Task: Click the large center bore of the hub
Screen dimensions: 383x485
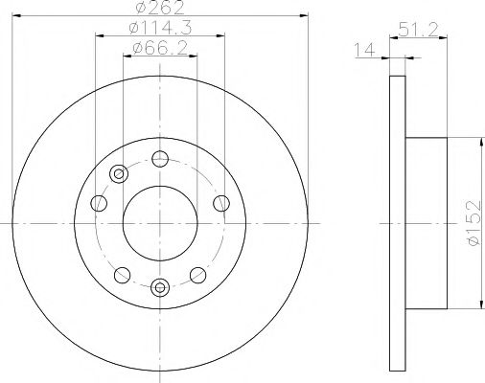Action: coord(159,221)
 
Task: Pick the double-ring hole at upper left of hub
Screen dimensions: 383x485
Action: coord(119,173)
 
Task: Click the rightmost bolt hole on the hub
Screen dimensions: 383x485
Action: coord(221,201)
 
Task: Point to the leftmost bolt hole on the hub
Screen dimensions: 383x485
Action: coord(99,202)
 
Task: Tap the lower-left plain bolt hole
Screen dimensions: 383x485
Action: coord(120,275)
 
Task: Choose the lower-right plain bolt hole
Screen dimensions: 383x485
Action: coord(201,274)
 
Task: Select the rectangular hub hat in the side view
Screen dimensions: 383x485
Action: coord(427,222)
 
